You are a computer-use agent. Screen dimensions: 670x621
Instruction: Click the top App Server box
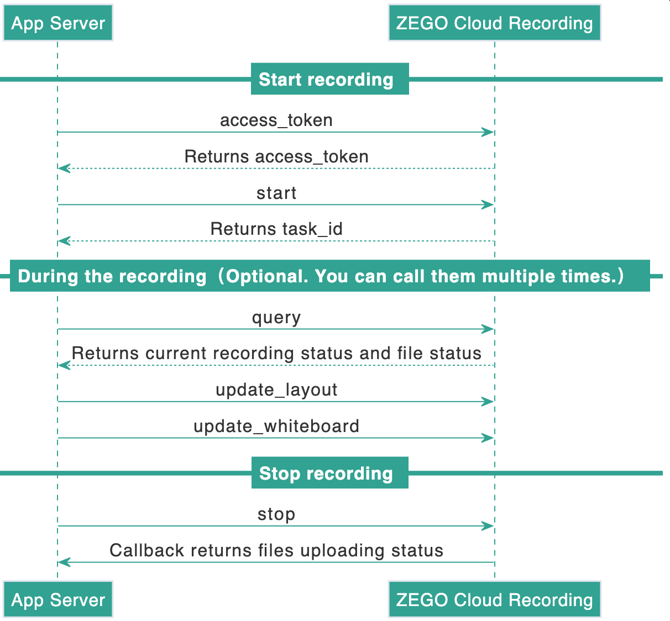tap(58, 23)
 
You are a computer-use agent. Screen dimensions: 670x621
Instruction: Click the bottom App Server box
tap(58, 600)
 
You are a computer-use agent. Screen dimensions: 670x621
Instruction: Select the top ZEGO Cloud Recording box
tap(495, 23)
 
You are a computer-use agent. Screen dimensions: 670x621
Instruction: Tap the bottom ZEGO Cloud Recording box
tap(495, 600)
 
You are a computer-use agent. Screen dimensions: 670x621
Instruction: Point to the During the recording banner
tap(330, 276)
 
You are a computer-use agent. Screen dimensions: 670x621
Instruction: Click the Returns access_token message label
tap(276, 156)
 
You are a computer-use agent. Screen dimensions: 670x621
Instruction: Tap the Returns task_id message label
tap(276, 229)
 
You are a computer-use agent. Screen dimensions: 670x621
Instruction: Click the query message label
tap(276, 318)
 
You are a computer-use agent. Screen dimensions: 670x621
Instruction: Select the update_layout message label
tap(276, 390)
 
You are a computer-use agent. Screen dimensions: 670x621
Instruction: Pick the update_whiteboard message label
tap(276, 426)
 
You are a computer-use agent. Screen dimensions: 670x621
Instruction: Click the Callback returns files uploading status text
tap(276, 550)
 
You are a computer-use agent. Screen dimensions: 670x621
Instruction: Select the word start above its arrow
tap(276, 193)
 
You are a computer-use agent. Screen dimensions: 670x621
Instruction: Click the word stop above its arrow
tap(276, 514)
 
